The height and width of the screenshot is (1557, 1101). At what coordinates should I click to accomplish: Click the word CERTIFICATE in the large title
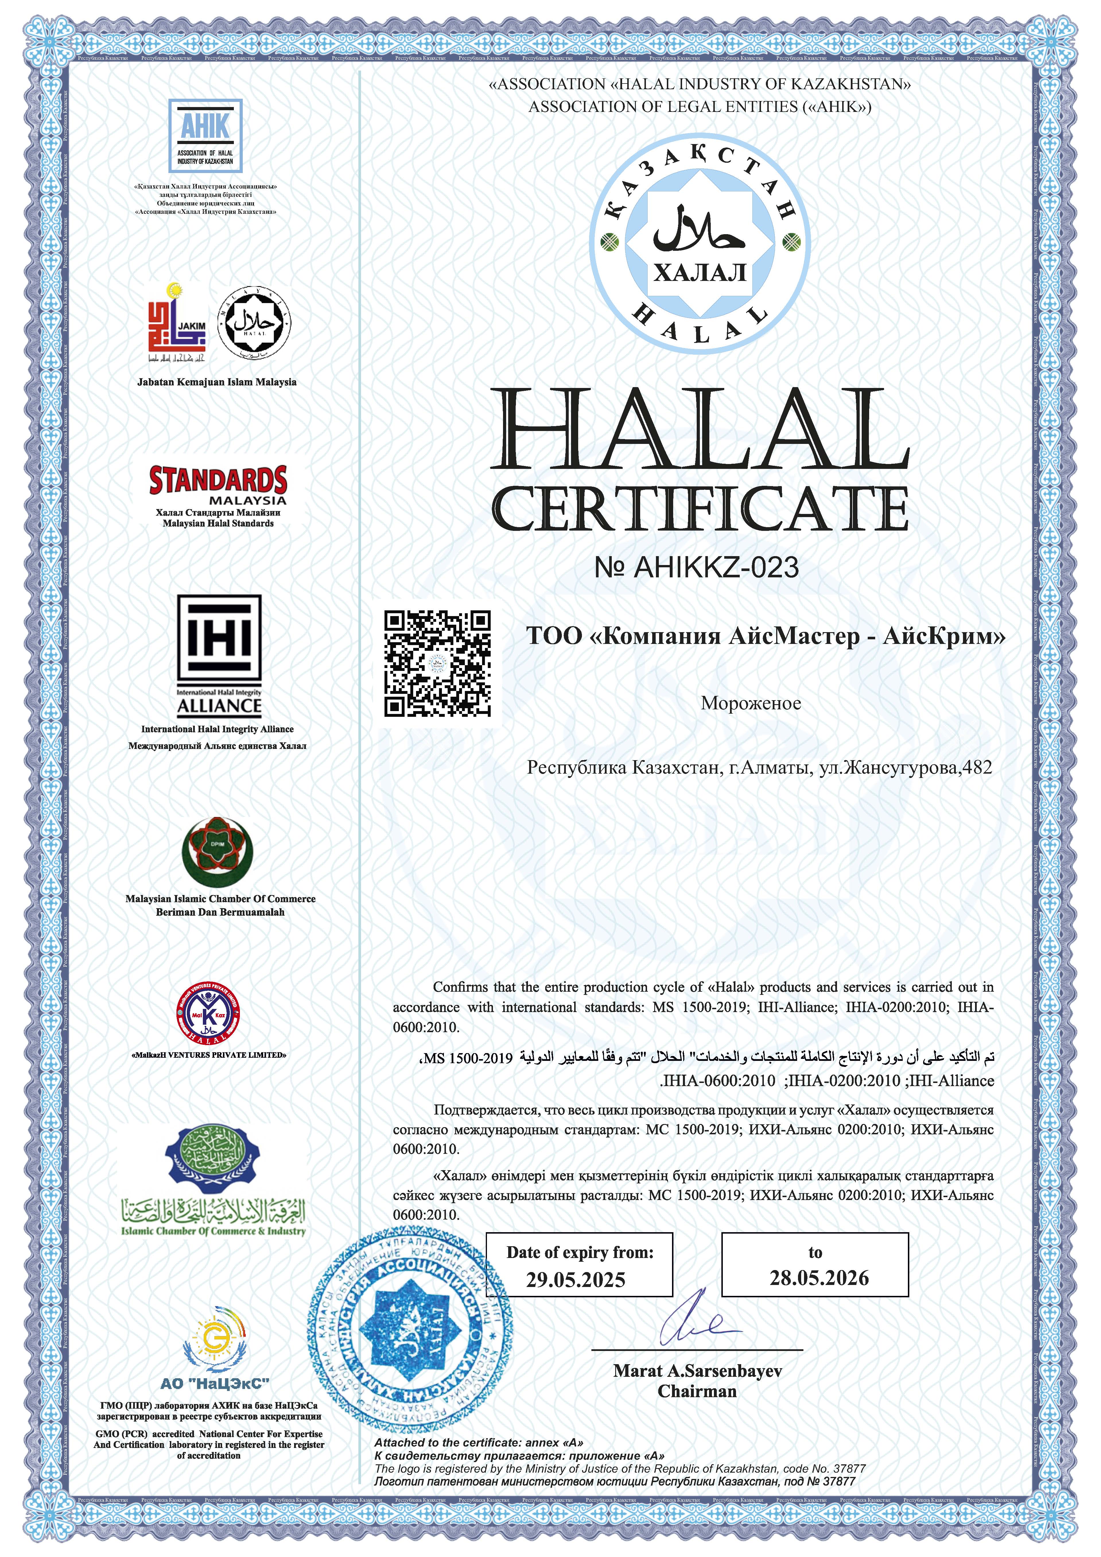pos(699,509)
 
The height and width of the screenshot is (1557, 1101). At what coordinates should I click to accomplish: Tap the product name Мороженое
pos(750,703)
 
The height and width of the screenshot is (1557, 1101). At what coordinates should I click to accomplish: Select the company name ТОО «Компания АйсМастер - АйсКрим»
pos(766,637)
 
